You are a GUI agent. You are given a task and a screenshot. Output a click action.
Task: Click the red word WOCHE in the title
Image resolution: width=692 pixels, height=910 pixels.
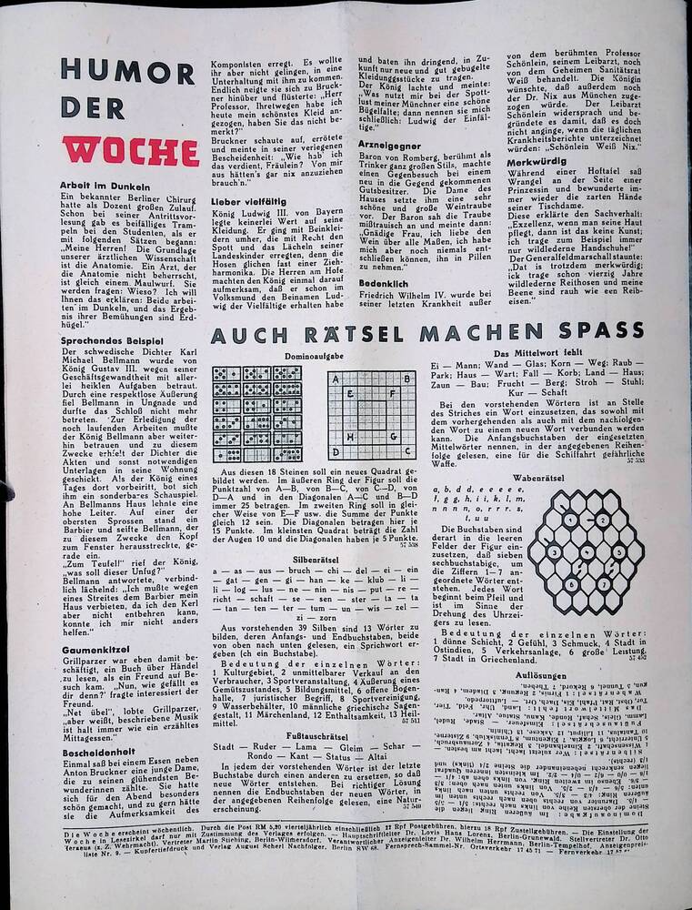(x=130, y=150)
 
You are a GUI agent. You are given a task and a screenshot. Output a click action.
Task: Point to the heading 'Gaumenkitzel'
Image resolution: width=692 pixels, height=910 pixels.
(x=96, y=649)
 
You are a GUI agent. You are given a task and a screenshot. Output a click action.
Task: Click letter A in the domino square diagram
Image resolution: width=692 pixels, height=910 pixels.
(x=335, y=377)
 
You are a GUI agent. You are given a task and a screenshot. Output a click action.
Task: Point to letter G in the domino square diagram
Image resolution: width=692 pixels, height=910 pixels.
(x=394, y=436)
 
